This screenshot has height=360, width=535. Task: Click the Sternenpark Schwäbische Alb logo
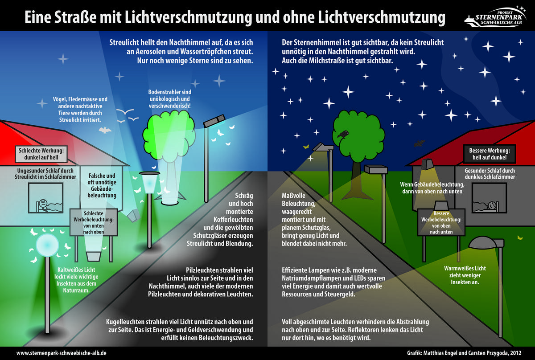point(496,17)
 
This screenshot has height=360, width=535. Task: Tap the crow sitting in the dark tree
point(343,134)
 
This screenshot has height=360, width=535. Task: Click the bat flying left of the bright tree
point(105,130)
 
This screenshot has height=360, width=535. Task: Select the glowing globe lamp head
point(47,245)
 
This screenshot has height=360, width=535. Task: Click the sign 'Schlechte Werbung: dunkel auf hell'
point(41,154)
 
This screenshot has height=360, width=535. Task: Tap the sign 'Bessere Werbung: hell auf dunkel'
point(490,154)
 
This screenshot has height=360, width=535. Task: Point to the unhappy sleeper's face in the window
point(43,203)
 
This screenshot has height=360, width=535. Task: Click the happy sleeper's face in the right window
point(492,205)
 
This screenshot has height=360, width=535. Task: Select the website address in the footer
point(62,353)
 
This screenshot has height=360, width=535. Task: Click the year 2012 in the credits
point(515,353)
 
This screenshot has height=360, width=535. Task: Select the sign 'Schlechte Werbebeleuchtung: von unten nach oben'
point(94,222)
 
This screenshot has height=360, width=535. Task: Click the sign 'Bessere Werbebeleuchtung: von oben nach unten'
point(441,222)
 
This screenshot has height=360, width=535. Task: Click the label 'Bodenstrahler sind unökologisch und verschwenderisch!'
point(170,99)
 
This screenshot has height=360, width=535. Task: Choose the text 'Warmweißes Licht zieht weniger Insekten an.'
point(465,275)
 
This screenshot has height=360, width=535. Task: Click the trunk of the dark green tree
point(357,180)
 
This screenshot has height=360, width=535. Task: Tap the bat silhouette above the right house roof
point(420,143)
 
